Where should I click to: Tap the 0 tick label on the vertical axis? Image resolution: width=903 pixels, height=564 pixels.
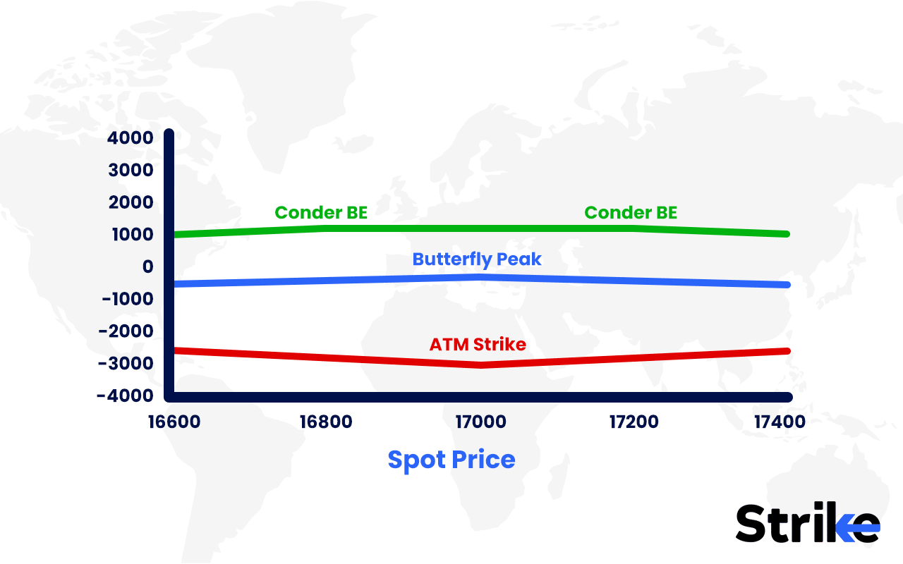[147, 267]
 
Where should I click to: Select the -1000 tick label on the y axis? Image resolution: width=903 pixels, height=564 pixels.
[127, 300]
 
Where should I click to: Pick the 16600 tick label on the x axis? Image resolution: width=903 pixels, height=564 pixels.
[174, 422]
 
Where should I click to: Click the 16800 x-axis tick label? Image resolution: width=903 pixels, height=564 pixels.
[326, 422]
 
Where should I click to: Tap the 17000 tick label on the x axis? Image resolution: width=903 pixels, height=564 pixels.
[480, 422]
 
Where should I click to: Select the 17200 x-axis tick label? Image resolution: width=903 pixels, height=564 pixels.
[633, 422]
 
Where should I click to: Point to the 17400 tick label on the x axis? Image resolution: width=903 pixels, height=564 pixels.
[779, 422]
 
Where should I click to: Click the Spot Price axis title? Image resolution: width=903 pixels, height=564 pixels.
[451, 460]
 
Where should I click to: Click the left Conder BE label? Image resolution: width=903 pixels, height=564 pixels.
[321, 212]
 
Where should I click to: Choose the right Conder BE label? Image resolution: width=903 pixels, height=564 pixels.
[631, 212]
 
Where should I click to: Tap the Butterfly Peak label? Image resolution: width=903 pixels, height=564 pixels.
[477, 259]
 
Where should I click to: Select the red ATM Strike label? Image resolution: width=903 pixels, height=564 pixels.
[478, 345]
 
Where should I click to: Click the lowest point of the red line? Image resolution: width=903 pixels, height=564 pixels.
[480, 364]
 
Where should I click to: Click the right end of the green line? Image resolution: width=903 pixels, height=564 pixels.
[786, 233]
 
